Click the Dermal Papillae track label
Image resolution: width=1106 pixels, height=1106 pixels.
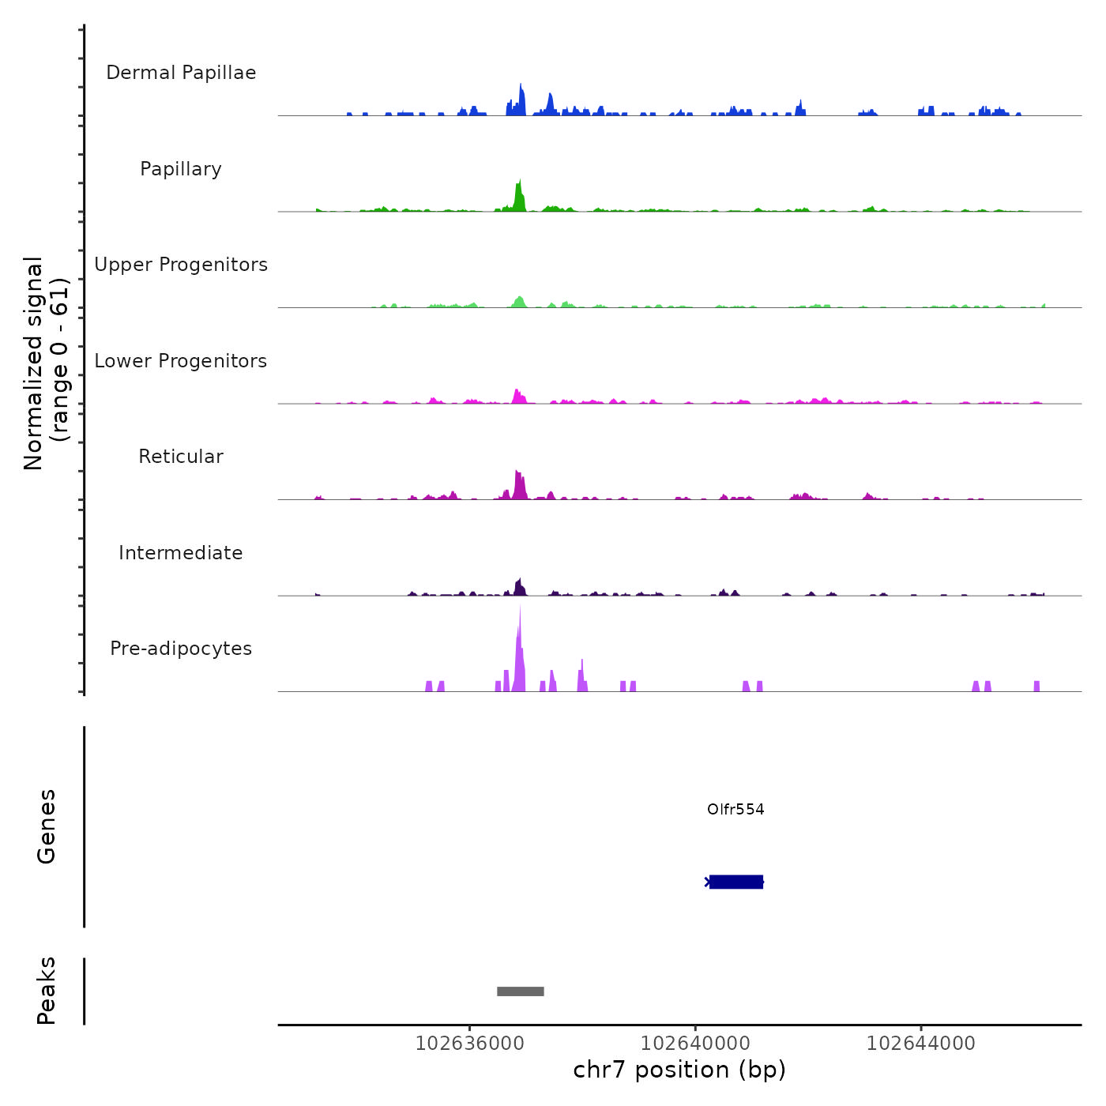coord(181,73)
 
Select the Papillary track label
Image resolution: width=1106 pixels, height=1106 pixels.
coord(181,169)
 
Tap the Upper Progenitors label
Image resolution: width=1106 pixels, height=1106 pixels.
coord(181,265)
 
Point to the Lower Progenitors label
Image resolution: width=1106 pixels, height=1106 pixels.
coord(181,361)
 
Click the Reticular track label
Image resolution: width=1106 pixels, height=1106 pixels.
coord(181,457)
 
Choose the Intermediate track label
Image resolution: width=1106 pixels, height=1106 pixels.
coord(181,553)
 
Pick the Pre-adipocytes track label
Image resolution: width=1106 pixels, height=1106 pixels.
coord(181,649)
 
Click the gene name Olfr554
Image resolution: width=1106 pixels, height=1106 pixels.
coord(735,810)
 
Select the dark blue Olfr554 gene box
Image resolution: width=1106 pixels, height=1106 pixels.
coord(736,882)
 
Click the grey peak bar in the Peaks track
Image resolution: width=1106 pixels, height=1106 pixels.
coord(521,991)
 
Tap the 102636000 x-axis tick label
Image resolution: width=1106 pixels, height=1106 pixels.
coord(469,1044)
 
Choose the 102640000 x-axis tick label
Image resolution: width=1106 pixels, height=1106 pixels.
coord(695,1044)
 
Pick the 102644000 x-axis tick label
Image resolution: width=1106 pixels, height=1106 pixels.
coord(920,1044)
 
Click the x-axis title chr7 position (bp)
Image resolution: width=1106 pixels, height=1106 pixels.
coord(679,1070)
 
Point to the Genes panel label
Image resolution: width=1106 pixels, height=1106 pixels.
coord(47,826)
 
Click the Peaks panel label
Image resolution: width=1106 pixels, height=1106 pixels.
coord(47,991)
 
